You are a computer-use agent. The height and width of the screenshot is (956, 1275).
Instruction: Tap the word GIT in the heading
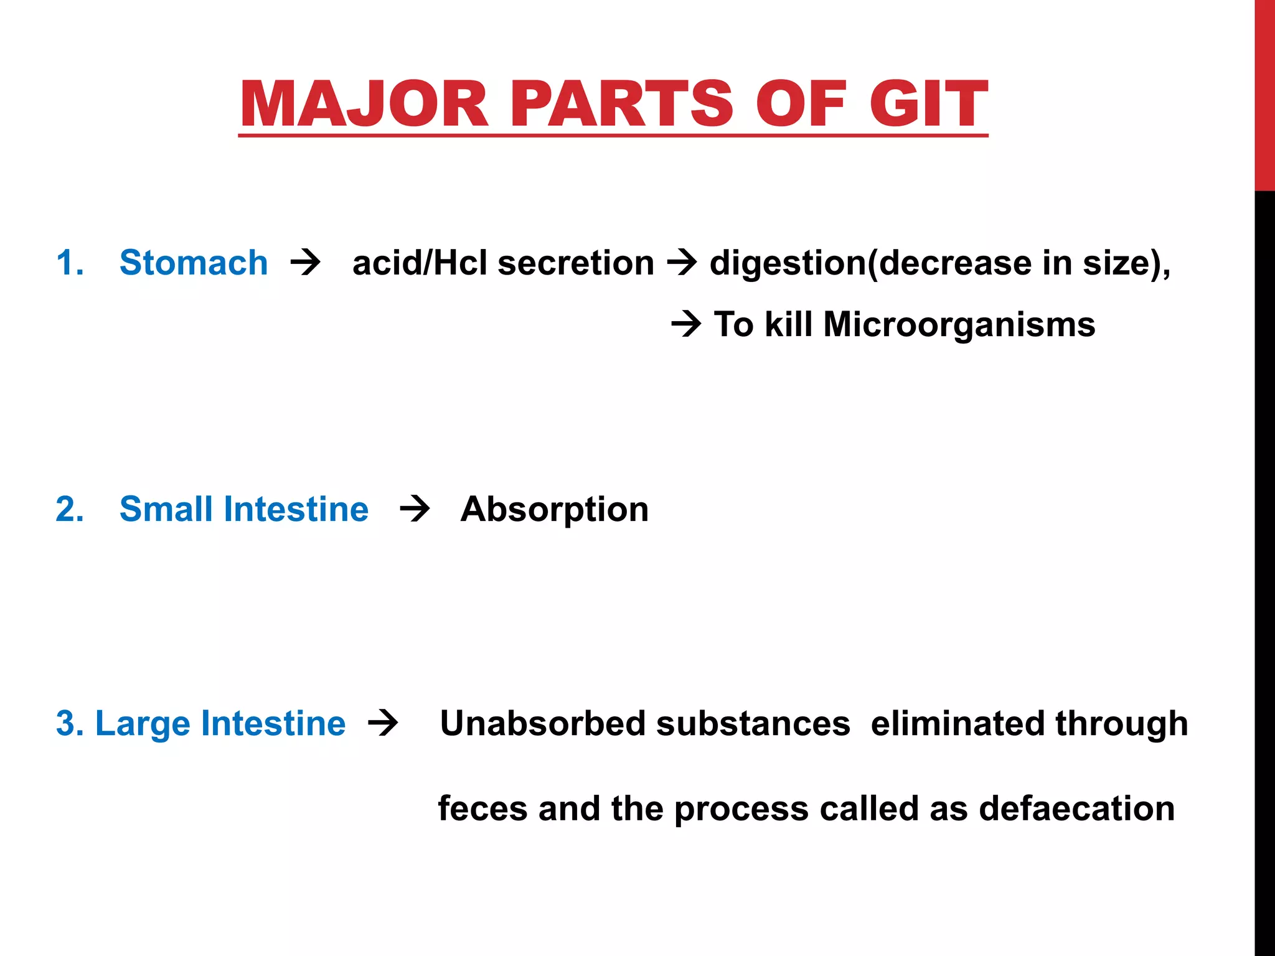tap(928, 104)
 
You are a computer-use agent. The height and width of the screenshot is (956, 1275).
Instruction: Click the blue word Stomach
tap(194, 263)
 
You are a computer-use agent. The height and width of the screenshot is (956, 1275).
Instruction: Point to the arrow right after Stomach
tap(305, 263)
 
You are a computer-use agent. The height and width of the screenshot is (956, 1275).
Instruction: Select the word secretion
tap(576, 263)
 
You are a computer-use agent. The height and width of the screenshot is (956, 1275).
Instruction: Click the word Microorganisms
tap(959, 324)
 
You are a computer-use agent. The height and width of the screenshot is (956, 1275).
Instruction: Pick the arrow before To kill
tap(686, 324)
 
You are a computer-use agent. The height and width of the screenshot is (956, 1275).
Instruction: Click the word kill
tap(788, 324)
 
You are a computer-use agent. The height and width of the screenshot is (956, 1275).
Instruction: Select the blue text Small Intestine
tap(243, 509)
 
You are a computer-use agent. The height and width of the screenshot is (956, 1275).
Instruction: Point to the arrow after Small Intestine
tap(415, 509)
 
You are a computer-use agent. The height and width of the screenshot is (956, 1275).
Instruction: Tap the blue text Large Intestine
tap(220, 724)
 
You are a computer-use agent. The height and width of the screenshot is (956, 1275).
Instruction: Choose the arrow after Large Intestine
tap(383, 724)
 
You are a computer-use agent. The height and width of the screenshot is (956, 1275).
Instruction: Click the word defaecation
tap(1076, 808)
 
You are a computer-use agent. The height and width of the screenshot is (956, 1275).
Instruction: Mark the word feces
tap(482, 808)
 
